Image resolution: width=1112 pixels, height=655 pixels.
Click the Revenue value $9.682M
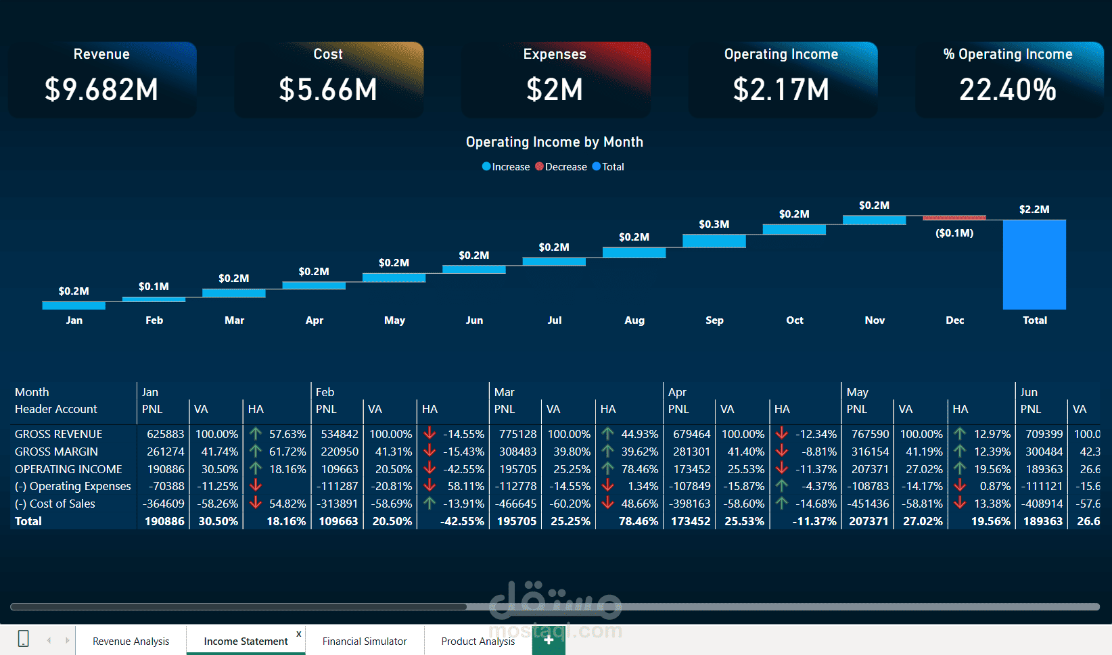point(101,90)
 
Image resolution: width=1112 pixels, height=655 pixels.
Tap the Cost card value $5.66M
point(328,90)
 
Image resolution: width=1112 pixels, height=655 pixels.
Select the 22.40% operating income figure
point(1008,90)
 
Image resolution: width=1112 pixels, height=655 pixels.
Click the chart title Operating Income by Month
point(555,142)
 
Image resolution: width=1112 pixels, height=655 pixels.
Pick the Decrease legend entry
point(561,167)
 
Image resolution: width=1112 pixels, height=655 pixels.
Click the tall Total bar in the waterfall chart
point(1034,264)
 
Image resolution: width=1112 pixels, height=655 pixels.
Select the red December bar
point(954,218)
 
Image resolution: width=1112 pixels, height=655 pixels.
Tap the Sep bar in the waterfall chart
point(714,241)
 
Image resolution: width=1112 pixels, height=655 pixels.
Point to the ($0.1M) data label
point(954,233)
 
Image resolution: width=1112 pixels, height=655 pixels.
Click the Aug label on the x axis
point(634,320)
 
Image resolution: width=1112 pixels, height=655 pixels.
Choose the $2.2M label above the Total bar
point(1034,210)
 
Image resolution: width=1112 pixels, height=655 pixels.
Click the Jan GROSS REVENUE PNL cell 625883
point(165,434)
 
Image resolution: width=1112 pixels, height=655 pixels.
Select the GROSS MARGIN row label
point(56,452)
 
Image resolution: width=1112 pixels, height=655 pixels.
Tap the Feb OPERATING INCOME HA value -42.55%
point(463,469)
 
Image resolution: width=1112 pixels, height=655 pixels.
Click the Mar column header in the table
point(504,392)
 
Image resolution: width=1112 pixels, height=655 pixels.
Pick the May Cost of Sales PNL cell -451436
point(868,504)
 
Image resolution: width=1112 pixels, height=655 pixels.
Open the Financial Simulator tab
point(365,641)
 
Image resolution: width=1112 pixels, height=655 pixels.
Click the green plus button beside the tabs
point(549,640)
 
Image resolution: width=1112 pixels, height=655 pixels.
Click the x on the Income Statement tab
point(299,633)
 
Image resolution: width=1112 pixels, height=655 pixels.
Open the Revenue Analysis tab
point(131,641)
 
